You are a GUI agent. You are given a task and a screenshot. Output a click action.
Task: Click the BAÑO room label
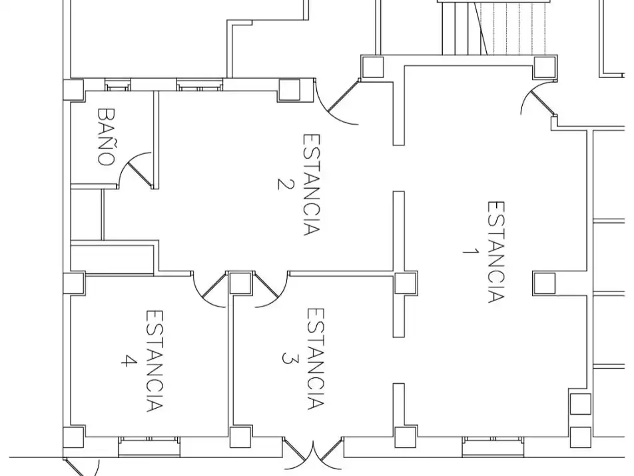point(107,137)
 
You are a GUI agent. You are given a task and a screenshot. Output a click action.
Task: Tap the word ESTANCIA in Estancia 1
point(496,252)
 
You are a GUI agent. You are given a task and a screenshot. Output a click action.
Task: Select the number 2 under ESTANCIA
point(284,184)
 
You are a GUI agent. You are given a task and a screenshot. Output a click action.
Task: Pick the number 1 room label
point(470,251)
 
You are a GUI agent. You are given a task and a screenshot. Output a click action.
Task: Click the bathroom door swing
point(135,171)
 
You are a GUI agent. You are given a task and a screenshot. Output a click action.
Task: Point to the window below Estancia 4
point(149,447)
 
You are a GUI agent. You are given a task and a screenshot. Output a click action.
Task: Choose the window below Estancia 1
point(493,447)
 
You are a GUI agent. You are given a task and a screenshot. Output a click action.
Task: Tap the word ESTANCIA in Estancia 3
point(316,359)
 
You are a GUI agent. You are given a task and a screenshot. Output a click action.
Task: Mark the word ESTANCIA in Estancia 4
point(155,361)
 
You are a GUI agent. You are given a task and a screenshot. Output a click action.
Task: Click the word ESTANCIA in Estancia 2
point(312,185)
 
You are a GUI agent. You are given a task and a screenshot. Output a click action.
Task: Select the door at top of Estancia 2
point(336,102)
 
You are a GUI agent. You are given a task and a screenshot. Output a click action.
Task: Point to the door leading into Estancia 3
point(271,289)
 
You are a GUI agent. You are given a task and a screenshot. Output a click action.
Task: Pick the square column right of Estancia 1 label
point(544,283)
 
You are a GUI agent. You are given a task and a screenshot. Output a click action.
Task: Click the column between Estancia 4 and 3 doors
point(240,283)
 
